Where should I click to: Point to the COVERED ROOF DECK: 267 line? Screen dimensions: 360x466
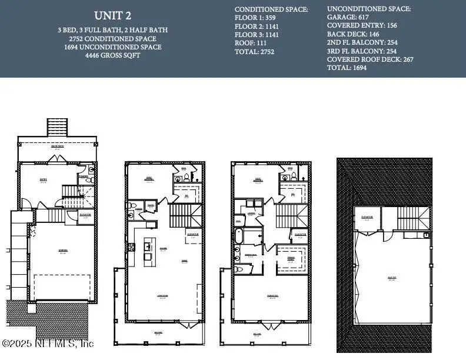368,59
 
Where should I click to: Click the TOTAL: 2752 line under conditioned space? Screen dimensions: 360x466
255,52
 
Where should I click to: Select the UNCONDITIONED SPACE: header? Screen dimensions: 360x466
369,9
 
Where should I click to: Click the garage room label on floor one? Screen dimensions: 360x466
62,251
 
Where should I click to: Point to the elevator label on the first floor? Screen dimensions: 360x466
86,215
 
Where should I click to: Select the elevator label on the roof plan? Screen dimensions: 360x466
368,218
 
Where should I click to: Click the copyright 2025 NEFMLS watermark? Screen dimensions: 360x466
48,343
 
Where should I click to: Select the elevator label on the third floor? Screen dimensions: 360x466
300,235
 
